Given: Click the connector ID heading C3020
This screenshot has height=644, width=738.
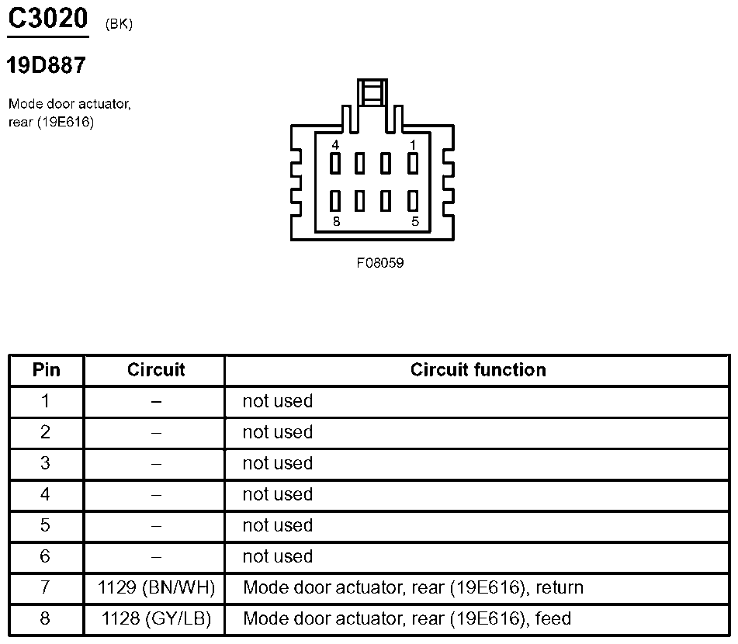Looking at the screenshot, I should tap(47, 19).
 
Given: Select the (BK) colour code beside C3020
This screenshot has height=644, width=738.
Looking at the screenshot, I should tap(119, 24).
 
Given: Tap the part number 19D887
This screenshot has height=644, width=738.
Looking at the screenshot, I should tap(46, 65).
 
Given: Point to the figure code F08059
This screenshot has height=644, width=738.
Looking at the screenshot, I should tap(380, 263).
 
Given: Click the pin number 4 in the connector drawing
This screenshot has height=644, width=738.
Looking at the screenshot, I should tap(335, 145).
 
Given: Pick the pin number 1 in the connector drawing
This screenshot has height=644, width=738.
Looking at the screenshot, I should tap(413, 145).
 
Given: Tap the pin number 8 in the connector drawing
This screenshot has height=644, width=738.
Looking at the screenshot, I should tap(335, 221).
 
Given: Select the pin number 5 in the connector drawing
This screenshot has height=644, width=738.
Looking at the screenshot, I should tap(414, 221).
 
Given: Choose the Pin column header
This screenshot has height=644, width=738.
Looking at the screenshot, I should tap(46, 370).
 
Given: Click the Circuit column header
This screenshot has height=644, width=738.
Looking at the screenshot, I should tap(156, 370).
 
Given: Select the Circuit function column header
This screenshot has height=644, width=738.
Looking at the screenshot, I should tap(478, 370).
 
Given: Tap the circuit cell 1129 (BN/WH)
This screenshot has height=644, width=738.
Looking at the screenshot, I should tap(156, 587).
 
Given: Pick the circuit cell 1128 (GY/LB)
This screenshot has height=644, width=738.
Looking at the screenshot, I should tap(156, 618).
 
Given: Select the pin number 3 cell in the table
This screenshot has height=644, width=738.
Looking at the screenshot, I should tap(46, 463).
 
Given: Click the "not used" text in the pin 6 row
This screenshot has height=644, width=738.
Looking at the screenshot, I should tap(277, 556).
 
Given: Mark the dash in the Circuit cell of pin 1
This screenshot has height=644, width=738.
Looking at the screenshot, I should tap(156, 401).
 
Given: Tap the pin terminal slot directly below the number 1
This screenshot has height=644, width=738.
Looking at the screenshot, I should tap(413, 164).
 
